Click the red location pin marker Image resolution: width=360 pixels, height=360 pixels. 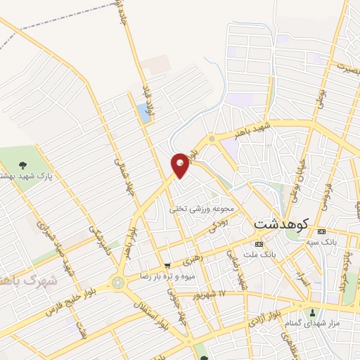[x=181, y=165]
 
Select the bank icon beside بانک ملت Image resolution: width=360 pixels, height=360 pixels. [x=259, y=243]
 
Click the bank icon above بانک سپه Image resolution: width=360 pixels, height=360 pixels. [x=321, y=231]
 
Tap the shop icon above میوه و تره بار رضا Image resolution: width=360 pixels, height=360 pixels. [x=167, y=266]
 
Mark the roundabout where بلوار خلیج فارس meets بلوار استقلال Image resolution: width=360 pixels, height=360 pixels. [x=115, y=283]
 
